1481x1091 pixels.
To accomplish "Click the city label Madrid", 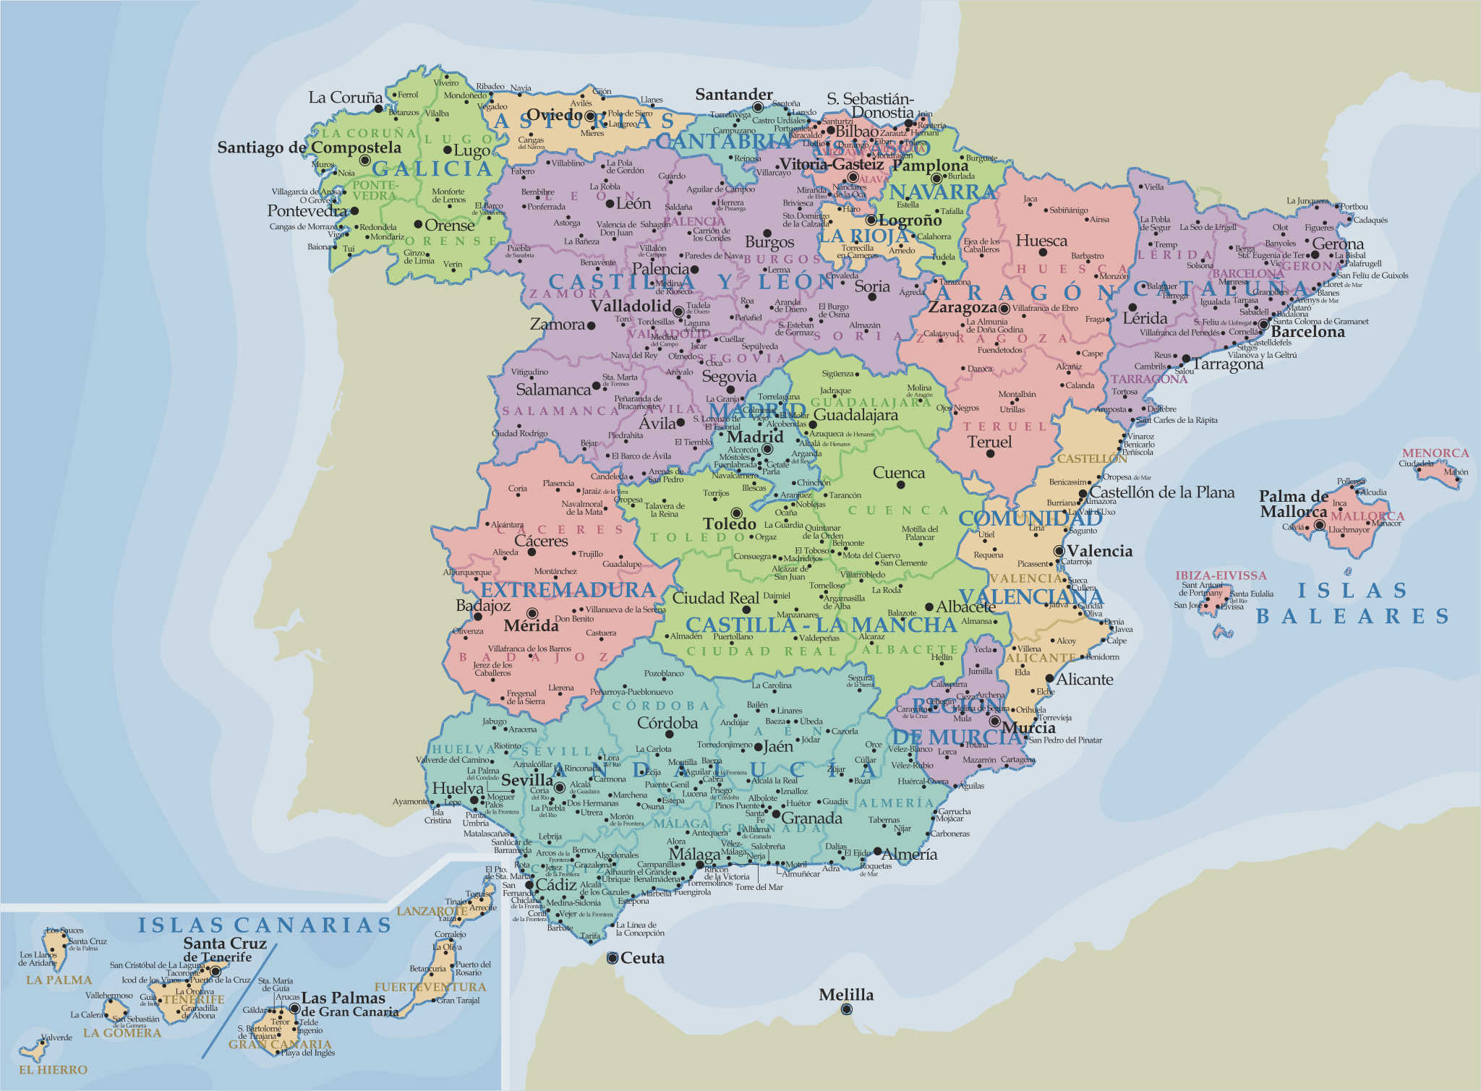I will pyautogui.click(x=755, y=437).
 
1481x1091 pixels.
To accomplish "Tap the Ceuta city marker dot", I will pyautogui.click(x=613, y=958).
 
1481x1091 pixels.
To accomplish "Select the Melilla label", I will pyautogui.click(x=846, y=995).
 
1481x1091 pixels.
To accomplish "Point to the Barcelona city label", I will pyautogui.click(x=1307, y=332).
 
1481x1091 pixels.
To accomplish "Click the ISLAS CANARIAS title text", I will pyautogui.click(x=265, y=925).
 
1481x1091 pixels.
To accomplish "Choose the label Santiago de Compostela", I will pyautogui.click(x=309, y=147).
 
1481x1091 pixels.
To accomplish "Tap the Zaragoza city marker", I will pyautogui.click(x=1004, y=309).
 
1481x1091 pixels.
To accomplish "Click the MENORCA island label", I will pyautogui.click(x=1435, y=453).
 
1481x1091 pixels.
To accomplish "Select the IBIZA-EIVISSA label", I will pyautogui.click(x=1221, y=576).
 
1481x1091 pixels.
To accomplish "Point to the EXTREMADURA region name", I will pyautogui.click(x=568, y=590).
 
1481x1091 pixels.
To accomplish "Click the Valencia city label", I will pyautogui.click(x=1099, y=551).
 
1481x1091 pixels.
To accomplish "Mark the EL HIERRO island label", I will pyautogui.click(x=53, y=1069).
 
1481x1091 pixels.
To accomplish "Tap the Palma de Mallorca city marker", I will pyautogui.click(x=1320, y=526).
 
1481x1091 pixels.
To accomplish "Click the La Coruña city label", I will pyautogui.click(x=345, y=98).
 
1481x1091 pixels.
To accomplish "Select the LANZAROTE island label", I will pyautogui.click(x=432, y=911).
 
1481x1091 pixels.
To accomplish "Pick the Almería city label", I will pyautogui.click(x=909, y=854).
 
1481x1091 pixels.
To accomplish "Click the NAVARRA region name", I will pyautogui.click(x=943, y=192).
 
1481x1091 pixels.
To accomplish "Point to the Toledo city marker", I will pyautogui.click(x=736, y=513).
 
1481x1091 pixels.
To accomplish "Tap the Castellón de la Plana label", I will pyautogui.click(x=1162, y=492).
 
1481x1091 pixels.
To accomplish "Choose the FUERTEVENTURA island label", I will pyautogui.click(x=430, y=987).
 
